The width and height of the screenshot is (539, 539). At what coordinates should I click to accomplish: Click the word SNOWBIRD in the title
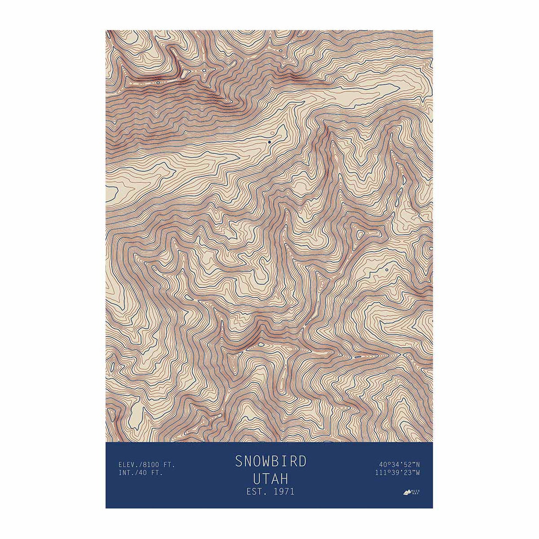pyautogui.click(x=270, y=461)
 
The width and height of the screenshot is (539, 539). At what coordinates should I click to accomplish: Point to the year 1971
pyautogui.click(x=282, y=491)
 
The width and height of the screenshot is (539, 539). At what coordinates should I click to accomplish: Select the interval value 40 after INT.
pyautogui.click(x=145, y=472)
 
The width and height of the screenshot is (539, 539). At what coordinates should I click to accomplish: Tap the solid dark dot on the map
pyautogui.click(x=269, y=142)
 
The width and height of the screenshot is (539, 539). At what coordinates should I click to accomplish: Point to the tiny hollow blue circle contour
pyautogui.click(x=386, y=269)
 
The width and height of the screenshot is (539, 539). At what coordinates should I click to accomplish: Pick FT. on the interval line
pyautogui.click(x=158, y=472)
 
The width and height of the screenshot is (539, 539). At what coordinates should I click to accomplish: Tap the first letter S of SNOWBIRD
pyautogui.click(x=239, y=461)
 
